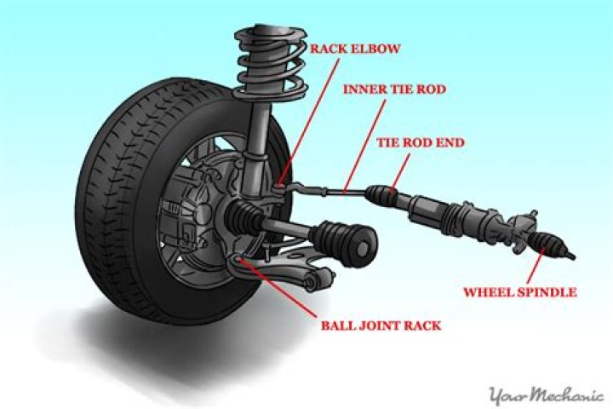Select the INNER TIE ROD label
click(x=393, y=88)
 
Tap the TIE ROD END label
click(x=420, y=142)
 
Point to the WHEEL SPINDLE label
click(x=519, y=292)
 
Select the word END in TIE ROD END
click(x=450, y=142)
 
